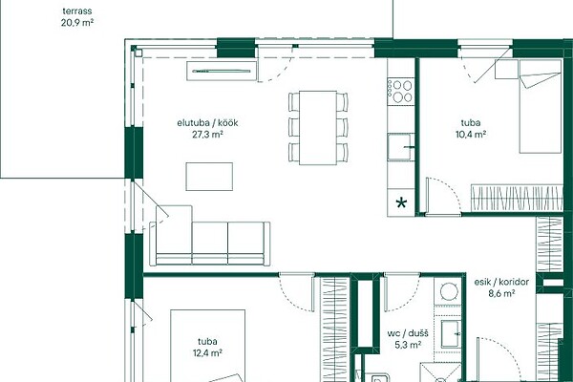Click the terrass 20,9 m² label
pos(76,17)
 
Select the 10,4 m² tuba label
pos(471,128)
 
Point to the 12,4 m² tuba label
pos(207,347)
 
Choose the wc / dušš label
pos(408,338)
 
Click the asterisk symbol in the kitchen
pos(401,202)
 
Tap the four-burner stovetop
pos(401,92)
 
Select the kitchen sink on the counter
pos(401,147)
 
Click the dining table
pos(318,128)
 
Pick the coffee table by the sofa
pos(209,177)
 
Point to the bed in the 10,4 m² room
pos(541,106)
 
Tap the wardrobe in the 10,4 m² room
pos(517,198)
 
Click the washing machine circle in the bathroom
pos(449,291)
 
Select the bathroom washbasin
pos(450,333)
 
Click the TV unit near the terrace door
pos(222,71)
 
